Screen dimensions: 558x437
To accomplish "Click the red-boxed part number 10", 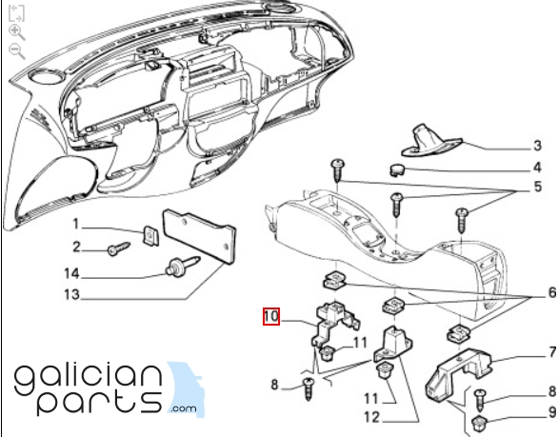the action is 271,316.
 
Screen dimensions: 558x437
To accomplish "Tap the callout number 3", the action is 537,146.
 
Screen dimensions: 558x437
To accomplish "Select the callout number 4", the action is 537,168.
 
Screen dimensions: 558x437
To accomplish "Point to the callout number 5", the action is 538,187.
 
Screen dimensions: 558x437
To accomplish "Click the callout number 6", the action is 552,292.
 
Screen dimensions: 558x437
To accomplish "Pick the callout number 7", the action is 552,352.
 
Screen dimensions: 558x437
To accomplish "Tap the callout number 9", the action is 552,412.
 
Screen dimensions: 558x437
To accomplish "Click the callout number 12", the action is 372,417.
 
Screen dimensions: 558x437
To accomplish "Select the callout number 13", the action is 71,294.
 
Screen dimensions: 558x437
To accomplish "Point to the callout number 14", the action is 71,273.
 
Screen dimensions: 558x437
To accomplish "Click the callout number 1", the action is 75,224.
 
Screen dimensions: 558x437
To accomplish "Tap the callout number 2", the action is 76,247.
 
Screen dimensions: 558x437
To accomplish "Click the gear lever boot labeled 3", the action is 431,143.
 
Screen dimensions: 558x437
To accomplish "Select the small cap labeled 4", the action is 397,169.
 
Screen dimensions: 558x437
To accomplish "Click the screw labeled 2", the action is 118,248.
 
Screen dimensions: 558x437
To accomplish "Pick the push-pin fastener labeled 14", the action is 182,266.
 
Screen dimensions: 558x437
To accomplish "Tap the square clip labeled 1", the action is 150,235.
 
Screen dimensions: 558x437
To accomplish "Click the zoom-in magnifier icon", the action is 17,32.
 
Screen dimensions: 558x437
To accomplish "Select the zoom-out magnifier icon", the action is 17,51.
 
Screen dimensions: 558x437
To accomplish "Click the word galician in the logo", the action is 88,379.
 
